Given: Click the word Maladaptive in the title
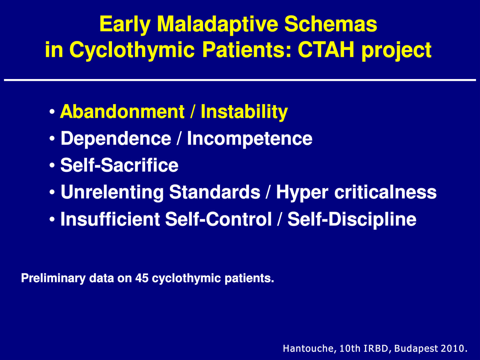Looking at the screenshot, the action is [218, 25].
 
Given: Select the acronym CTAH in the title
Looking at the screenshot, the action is [326, 50].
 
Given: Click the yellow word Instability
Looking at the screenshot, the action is [244, 112].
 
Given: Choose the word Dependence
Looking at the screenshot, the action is [116, 138].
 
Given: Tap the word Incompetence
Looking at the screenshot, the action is [250, 138].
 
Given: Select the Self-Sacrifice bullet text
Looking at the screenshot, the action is [119, 165].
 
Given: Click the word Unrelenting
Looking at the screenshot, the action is [112, 193].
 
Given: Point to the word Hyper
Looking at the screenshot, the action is [302, 193].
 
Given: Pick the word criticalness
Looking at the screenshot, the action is [385, 192].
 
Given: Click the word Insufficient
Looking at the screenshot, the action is [111, 219].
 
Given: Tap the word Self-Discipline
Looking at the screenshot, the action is [352, 219].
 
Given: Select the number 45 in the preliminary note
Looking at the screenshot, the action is [142, 278].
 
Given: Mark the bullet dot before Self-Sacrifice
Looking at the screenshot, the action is [52, 165].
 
